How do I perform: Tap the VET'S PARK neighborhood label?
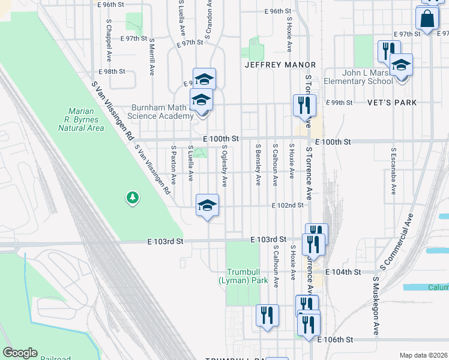(x=392, y=103)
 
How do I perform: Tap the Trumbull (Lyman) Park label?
(x=243, y=276)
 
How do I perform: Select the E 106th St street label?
(x=335, y=340)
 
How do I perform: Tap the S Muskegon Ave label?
(x=376, y=305)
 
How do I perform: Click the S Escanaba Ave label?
(x=393, y=172)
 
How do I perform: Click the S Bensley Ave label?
(x=259, y=164)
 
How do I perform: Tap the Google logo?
(x=20, y=353)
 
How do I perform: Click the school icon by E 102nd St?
(x=208, y=206)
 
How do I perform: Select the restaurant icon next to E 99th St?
(x=304, y=106)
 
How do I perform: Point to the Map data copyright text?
(x=423, y=355)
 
